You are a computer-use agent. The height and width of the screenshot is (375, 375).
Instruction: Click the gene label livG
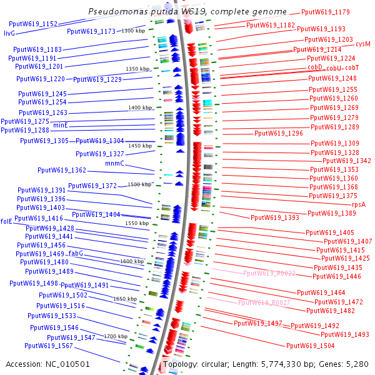9,32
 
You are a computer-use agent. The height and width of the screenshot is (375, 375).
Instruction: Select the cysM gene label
362,44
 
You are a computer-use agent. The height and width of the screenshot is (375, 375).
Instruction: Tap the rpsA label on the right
358,204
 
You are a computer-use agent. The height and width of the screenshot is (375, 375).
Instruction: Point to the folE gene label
6,221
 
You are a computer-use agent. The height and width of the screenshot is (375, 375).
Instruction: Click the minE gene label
61,126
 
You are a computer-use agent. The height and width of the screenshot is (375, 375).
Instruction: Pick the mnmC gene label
114,163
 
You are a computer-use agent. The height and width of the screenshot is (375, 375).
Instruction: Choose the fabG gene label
75,254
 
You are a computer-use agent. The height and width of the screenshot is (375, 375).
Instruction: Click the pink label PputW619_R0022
269,273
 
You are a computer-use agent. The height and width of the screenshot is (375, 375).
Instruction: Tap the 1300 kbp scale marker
132,31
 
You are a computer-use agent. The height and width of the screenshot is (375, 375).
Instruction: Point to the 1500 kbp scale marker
139,184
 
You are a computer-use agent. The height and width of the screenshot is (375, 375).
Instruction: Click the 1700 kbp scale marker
115,336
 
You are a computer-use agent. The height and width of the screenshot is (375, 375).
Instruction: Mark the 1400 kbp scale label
140,107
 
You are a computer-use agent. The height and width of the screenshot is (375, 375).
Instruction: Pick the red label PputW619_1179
325,12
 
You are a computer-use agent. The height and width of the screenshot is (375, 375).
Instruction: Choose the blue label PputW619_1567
53,346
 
